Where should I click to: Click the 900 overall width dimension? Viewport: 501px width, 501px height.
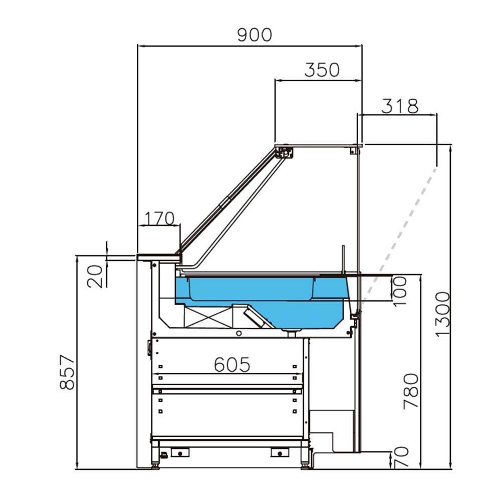point(255,35)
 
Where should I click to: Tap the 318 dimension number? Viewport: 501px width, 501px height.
point(400,106)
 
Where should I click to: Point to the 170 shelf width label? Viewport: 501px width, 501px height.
point(159,218)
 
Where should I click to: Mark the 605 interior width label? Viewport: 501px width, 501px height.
point(232,365)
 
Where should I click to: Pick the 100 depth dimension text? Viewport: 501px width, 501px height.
point(401,291)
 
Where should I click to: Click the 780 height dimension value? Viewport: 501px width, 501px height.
point(411,391)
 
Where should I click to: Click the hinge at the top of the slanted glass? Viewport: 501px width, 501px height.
point(285,152)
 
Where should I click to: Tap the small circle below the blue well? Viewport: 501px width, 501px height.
point(239,333)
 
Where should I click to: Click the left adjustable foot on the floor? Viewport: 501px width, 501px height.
point(156,465)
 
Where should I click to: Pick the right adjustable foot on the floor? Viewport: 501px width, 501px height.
point(305,465)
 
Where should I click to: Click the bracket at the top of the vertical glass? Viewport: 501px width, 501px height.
point(355,149)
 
